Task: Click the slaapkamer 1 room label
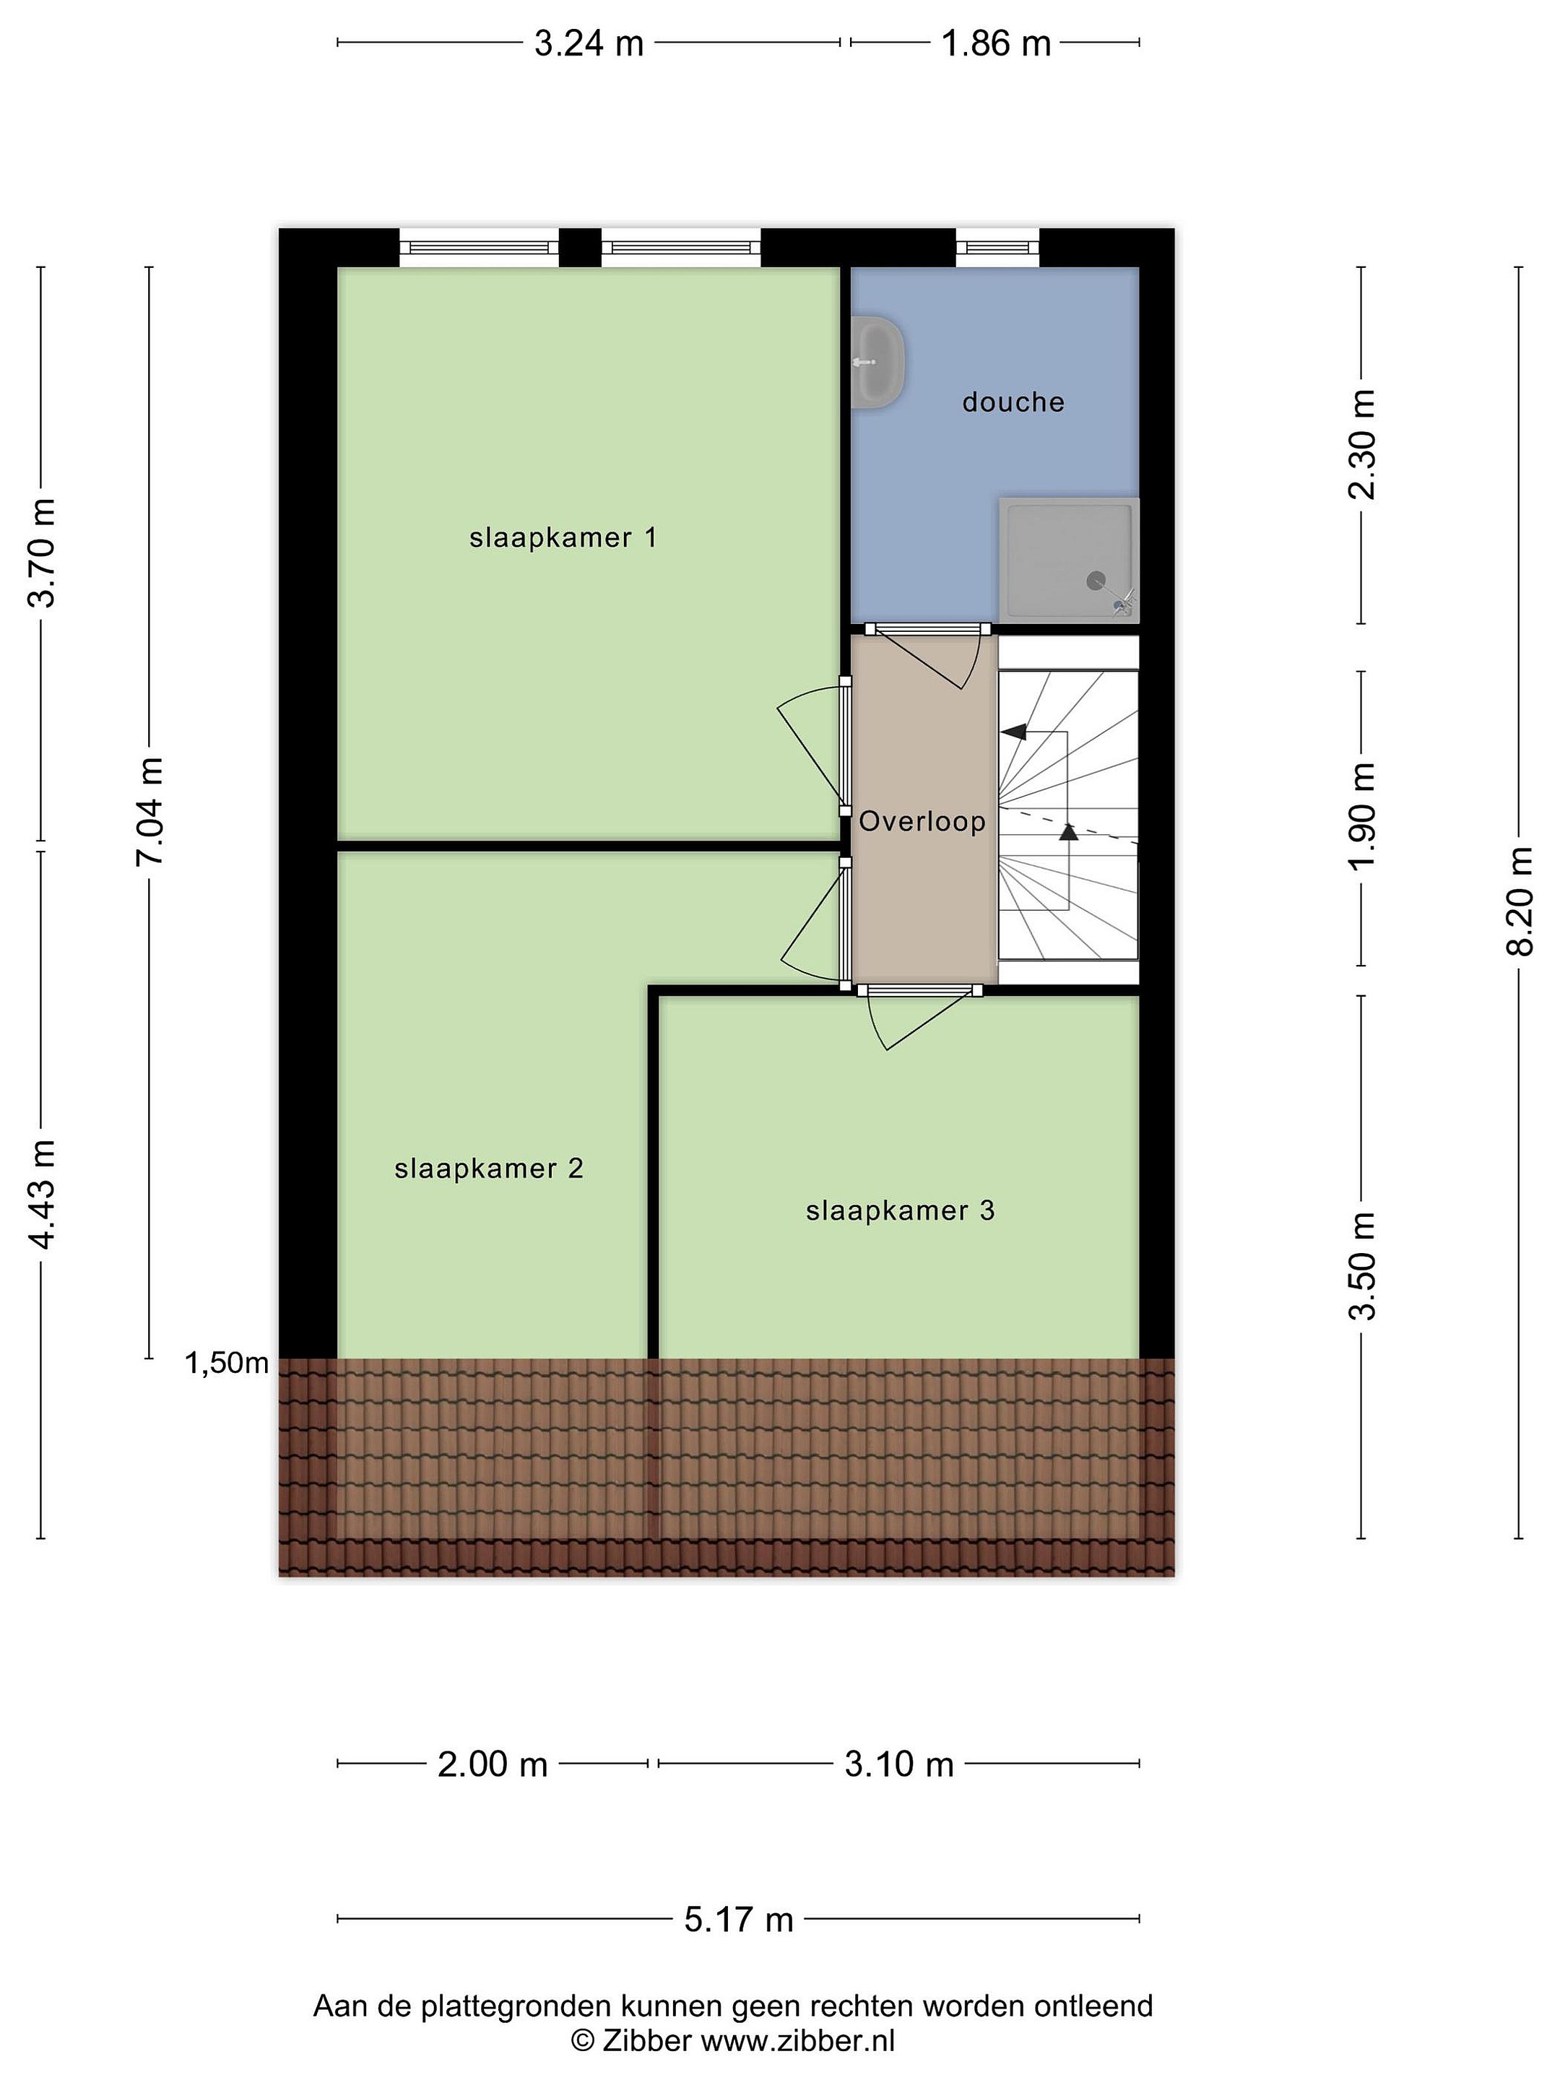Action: click(x=563, y=538)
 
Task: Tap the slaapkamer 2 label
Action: click(x=489, y=1169)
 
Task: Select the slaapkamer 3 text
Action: click(x=900, y=1210)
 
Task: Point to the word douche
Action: click(x=1013, y=402)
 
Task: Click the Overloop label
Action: click(x=922, y=822)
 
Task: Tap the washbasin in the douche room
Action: click(x=879, y=362)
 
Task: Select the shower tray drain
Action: click(x=1096, y=581)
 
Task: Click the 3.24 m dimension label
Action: click(x=589, y=43)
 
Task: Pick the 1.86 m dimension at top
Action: click(x=996, y=43)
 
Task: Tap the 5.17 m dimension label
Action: click(x=738, y=1919)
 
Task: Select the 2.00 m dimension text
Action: click(x=493, y=1765)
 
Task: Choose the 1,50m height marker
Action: click(x=227, y=1363)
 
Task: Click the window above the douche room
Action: click(x=997, y=247)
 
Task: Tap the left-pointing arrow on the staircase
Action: click(x=1014, y=732)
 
